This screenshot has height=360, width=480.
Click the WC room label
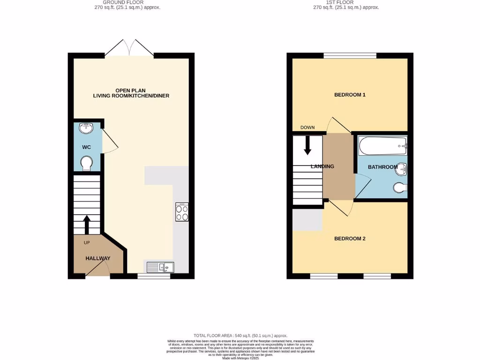86,147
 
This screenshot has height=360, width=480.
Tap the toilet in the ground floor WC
86,164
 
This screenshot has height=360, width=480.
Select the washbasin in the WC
86,128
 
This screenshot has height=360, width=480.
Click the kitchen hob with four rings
182,211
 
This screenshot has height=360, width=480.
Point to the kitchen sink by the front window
160,267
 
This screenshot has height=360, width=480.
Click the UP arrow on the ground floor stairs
87,224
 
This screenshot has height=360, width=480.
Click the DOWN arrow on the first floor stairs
307,145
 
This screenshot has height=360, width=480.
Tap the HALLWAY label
98,258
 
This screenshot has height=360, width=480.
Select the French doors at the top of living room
130,48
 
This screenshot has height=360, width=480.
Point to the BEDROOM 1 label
350,95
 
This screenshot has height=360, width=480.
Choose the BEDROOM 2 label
350,239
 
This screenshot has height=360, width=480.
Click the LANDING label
322,166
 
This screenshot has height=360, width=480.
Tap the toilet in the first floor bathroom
400,188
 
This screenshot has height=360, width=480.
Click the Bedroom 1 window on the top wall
350,56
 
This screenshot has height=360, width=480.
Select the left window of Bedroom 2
323,277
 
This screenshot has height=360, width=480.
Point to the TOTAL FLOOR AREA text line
240,336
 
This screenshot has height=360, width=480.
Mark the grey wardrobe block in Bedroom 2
307,219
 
